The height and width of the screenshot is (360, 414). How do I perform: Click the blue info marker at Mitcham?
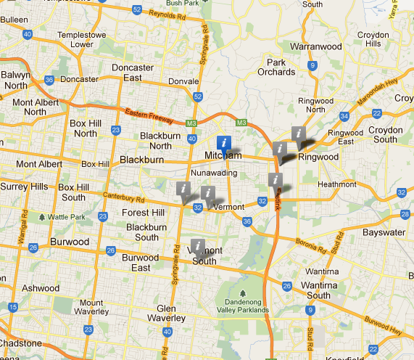click(x=225, y=142)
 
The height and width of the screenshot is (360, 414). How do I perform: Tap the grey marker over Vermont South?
click(x=196, y=246)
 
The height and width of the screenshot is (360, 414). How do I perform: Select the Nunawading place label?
click(x=213, y=173)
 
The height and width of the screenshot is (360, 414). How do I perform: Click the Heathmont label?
click(x=337, y=184)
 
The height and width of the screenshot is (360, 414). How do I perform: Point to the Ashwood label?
click(x=40, y=287)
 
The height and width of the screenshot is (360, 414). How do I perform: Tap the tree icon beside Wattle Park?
click(x=42, y=216)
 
